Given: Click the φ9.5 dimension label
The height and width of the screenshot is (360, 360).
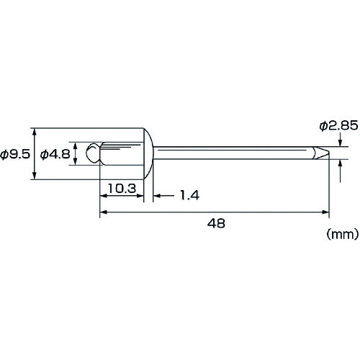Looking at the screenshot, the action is [15, 154].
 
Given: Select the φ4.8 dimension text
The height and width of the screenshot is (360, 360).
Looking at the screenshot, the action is [55, 154].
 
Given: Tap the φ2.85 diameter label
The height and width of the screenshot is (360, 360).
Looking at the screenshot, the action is [338, 125].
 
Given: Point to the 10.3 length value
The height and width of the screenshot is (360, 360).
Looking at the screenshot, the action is [122, 189].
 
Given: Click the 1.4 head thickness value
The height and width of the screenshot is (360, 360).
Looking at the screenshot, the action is [189, 195].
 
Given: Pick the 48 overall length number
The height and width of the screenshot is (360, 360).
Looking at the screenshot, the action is [216, 223].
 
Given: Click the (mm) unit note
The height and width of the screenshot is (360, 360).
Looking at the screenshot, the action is [343, 234].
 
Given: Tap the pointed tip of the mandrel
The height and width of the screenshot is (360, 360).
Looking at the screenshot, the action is [328, 153].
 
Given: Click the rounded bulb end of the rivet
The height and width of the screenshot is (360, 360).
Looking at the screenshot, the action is [93, 153].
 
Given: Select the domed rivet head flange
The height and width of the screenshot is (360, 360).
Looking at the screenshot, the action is [148, 153].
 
